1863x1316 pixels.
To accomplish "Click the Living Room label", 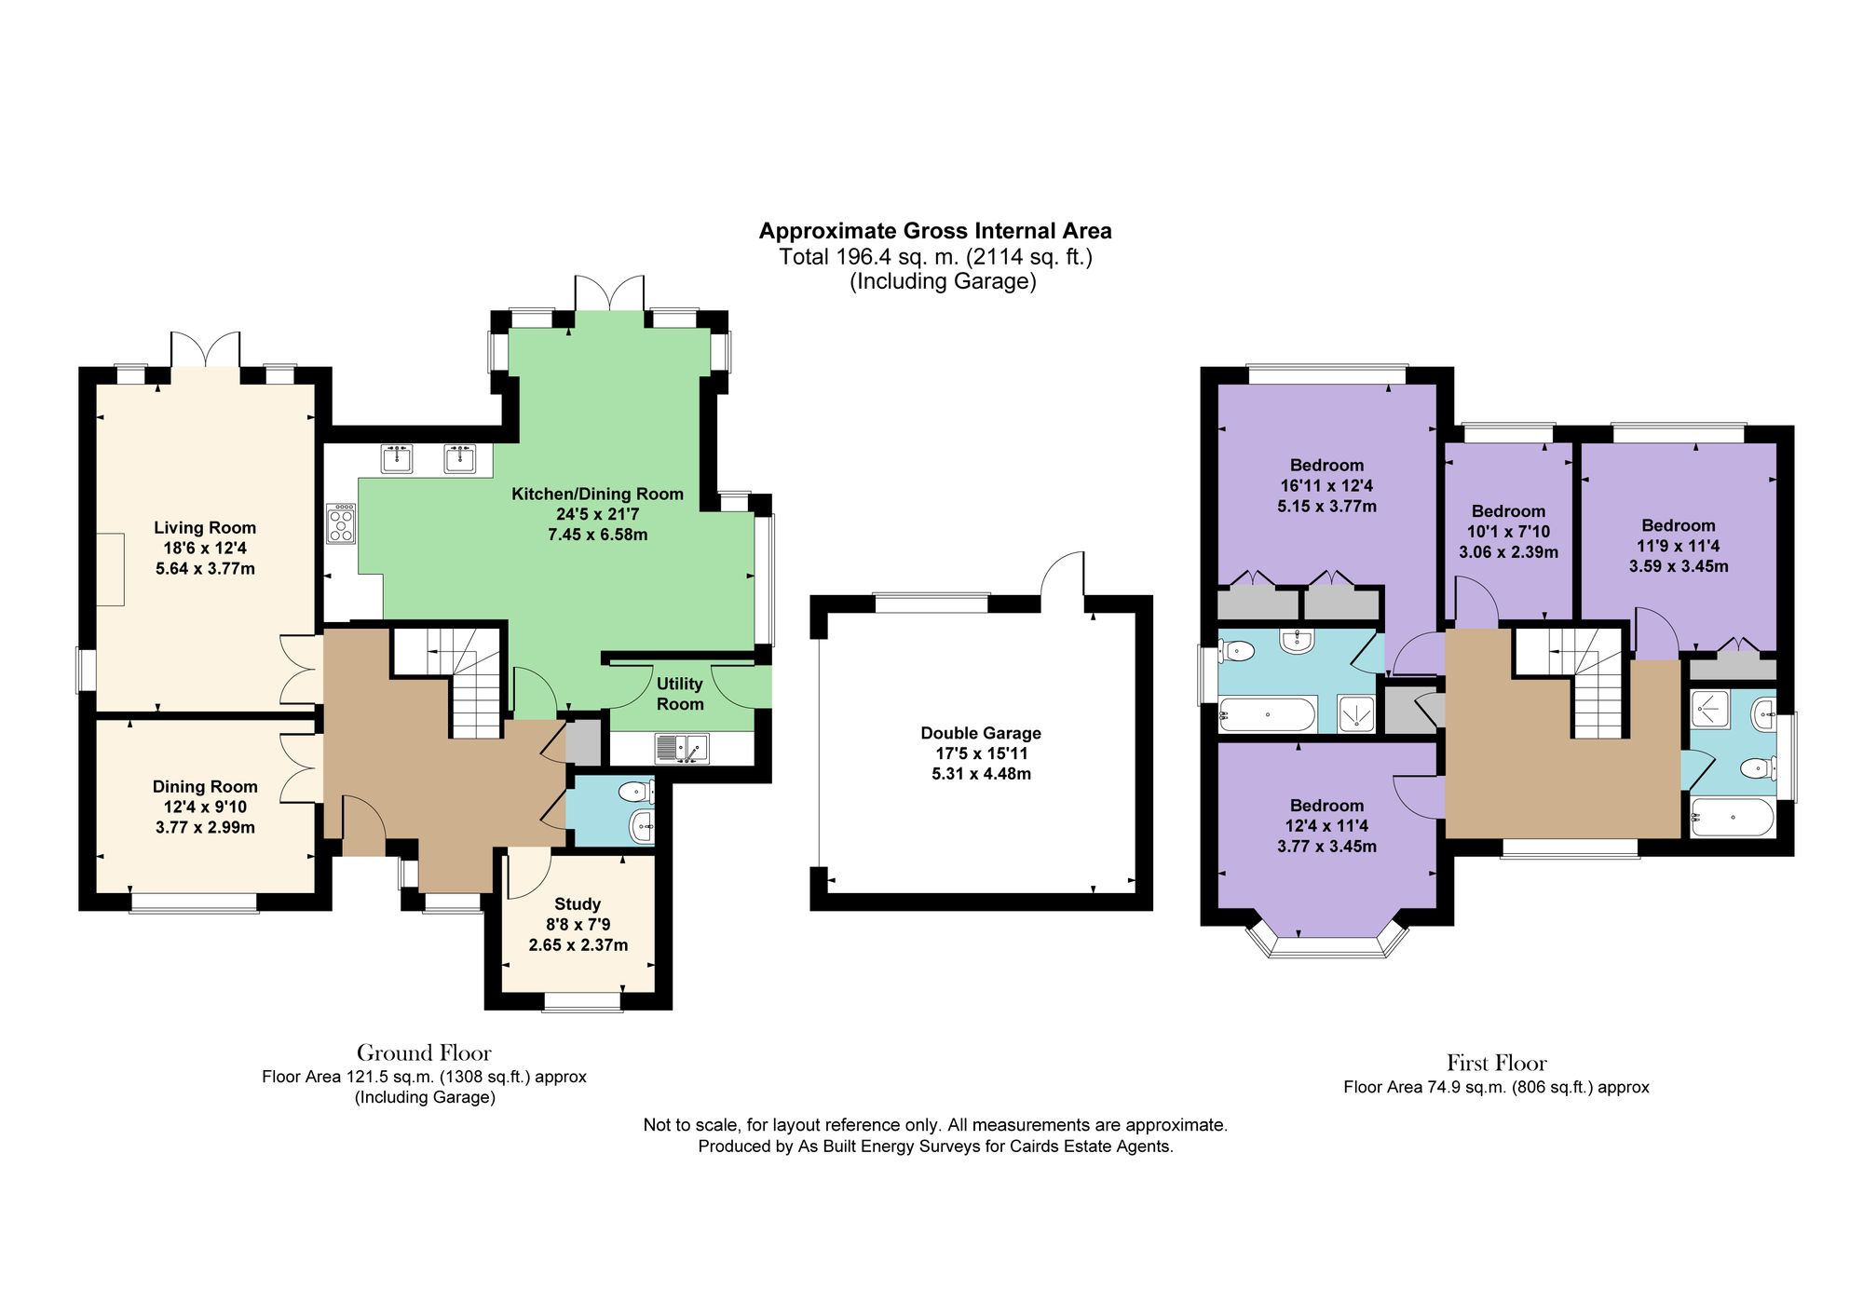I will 205,528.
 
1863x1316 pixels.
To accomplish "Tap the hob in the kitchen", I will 341,523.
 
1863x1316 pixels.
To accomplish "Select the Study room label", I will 578,904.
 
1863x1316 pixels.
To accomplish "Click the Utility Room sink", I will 682,748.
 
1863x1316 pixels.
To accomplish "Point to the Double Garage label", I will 981,734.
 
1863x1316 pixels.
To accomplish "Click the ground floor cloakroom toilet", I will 634,793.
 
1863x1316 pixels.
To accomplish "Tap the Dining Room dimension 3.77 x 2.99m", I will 205,828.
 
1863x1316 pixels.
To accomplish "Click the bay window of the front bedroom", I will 1326,943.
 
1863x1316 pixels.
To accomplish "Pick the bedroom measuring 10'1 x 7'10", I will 1508,531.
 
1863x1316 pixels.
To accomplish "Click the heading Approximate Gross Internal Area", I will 935,231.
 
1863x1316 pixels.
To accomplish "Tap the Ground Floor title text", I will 424,1053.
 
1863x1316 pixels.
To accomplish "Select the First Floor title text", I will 1496,1064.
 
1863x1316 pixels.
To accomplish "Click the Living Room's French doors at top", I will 206,350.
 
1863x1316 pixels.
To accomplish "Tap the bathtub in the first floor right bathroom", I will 1733,818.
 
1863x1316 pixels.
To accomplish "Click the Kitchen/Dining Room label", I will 597,495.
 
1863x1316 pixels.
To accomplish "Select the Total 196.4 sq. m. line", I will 935,257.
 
